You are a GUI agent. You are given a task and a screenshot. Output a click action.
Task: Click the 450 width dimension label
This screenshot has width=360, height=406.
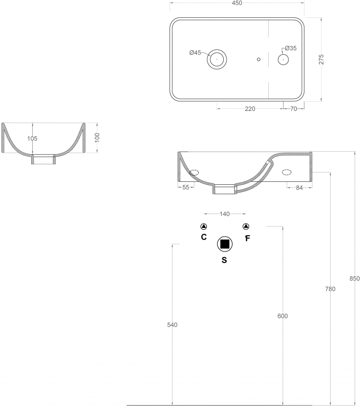(237, 3)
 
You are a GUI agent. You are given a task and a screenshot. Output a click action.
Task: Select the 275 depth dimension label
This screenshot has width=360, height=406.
(321, 60)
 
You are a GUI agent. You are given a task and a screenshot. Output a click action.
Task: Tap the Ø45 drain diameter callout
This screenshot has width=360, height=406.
(195, 53)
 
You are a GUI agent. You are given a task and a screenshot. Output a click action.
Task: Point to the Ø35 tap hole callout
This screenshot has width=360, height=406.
(290, 48)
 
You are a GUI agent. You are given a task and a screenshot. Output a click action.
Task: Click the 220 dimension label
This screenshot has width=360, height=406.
(250, 109)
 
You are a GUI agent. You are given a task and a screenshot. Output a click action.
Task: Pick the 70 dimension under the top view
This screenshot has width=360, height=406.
(293, 109)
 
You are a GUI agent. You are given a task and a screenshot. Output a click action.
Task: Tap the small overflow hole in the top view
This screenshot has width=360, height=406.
(258, 60)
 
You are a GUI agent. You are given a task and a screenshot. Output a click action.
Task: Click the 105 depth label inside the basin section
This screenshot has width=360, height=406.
(32, 139)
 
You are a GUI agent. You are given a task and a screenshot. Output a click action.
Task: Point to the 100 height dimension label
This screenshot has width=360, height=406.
(97, 137)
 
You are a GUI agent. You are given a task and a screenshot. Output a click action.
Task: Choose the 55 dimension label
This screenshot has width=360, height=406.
(186, 187)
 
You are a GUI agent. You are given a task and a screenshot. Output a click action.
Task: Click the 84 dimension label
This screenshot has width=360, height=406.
(299, 188)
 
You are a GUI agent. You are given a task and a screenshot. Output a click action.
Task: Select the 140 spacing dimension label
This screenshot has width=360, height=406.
(225, 214)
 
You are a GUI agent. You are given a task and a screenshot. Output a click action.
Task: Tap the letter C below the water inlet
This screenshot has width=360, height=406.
(204, 237)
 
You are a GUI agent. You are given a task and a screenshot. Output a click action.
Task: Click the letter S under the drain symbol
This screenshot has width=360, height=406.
(224, 260)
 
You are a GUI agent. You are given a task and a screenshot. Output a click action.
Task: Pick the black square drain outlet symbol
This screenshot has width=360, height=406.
(225, 244)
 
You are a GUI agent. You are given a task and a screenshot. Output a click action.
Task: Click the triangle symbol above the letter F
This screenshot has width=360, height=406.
(246, 227)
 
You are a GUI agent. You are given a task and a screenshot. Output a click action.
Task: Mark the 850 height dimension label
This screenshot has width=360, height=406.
(355, 279)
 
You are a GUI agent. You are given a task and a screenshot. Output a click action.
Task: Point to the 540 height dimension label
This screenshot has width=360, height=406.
(172, 325)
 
